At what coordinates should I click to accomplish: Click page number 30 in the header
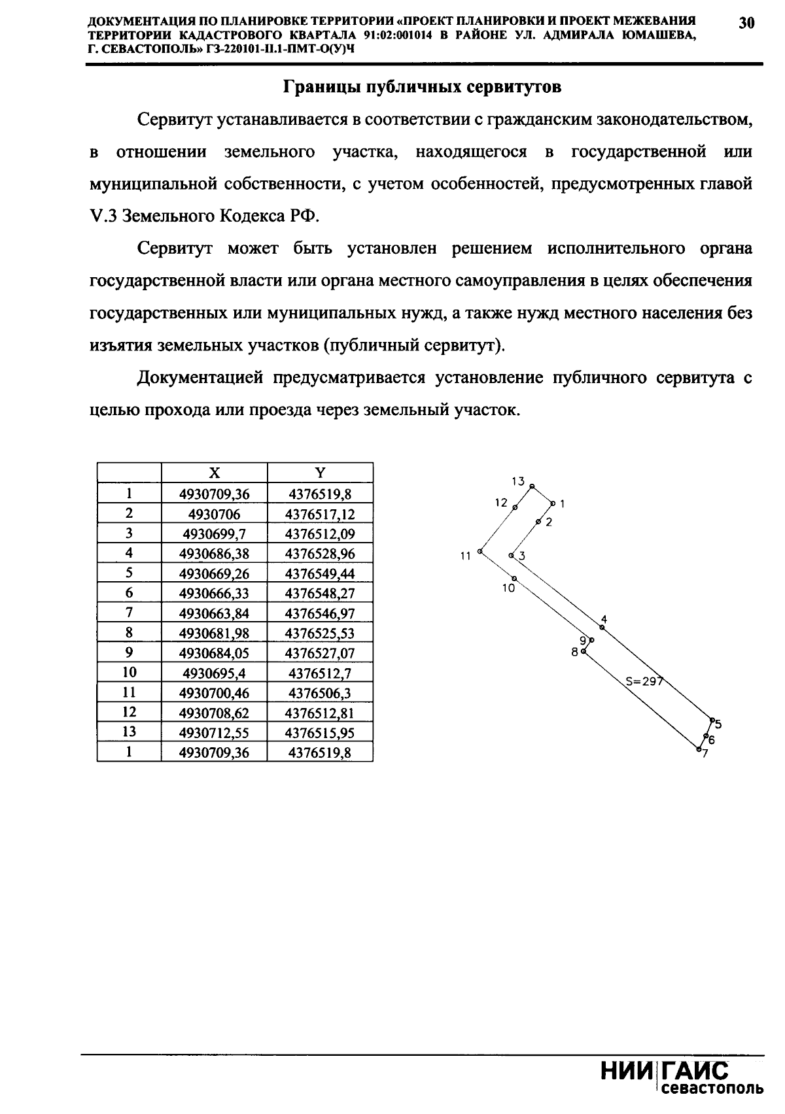click(x=746, y=24)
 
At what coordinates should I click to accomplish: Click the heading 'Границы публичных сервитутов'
click(x=422, y=88)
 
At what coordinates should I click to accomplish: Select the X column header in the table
click(x=214, y=473)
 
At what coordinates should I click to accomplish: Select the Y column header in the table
click(x=320, y=473)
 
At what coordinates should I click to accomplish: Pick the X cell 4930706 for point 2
click(x=214, y=514)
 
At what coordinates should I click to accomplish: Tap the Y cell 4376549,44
click(x=320, y=573)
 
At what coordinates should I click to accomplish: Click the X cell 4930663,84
click(x=214, y=613)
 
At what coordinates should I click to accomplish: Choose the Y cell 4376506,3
click(x=320, y=692)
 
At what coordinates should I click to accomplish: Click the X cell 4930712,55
click(x=214, y=732)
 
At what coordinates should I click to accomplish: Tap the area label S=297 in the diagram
click(x=644, y=681)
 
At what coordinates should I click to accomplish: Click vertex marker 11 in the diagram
click(x=480, y=552)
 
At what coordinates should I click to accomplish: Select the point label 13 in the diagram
click(x=518, y=481)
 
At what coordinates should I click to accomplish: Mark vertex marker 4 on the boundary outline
click(x=602, y=628)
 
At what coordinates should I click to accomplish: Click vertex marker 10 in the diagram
click(x=515, y=579)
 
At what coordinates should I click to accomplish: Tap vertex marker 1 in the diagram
click(x=553, y=503)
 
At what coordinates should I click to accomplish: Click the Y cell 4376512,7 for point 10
click(x=320, y=673)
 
